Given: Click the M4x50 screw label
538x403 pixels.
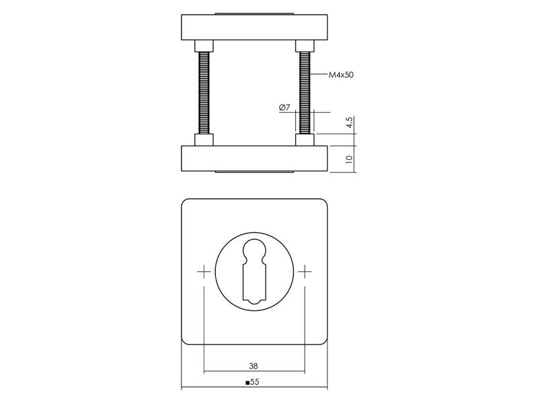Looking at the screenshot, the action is click(x=341, y=75).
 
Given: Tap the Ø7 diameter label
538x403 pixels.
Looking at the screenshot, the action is click(x=284, y=107).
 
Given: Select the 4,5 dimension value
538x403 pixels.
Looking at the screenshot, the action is click(x=349, y=123).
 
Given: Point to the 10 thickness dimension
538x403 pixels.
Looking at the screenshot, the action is click(x=349, y=159).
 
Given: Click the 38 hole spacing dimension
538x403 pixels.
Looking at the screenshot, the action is click(x=254, y=365).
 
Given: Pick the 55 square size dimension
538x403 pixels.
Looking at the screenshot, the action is click(x=255, y=382).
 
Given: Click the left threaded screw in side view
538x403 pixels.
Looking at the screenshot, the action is click(x=204, y=93).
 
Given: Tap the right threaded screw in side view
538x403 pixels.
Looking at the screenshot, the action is click(x=305, y=93).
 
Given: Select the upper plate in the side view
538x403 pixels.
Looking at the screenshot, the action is click(x=254, y=27).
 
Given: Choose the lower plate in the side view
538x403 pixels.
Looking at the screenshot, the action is click(x=254, y=159).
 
